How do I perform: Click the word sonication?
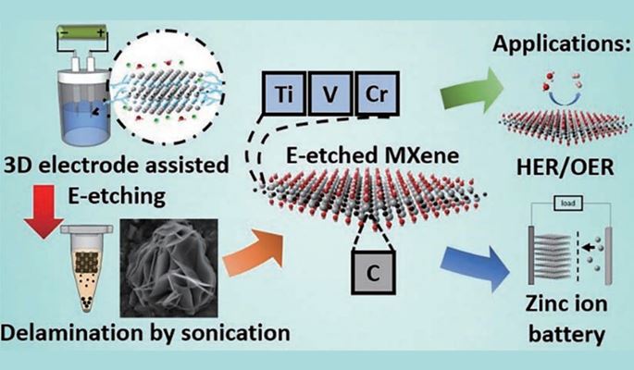click(242, 327)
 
